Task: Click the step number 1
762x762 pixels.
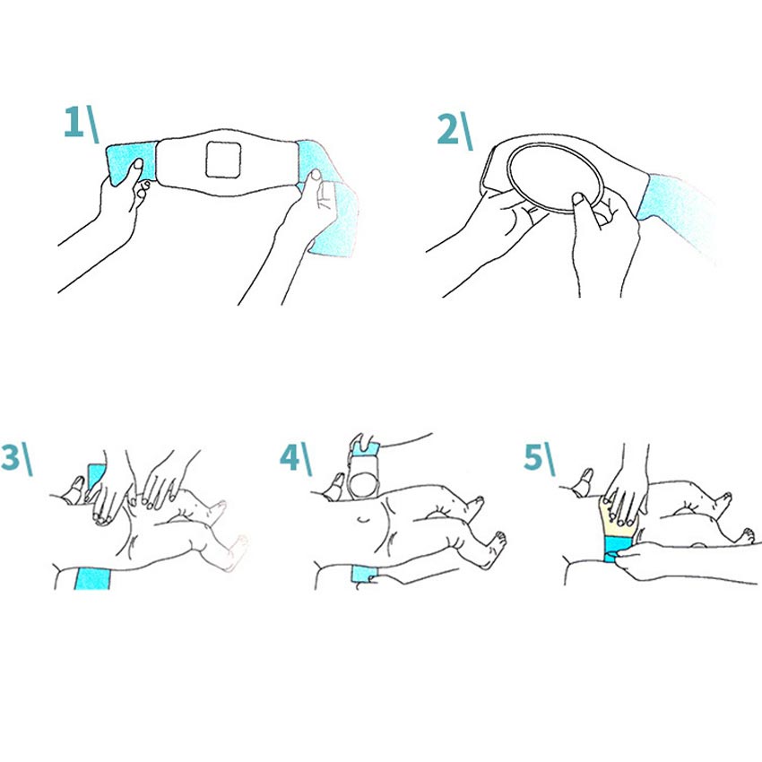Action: click(x=74, y=122)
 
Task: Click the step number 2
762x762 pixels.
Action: click(x=447, y=129)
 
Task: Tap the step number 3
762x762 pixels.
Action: click(x=10, y=457)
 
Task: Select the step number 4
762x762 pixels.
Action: click(x=290, y=457)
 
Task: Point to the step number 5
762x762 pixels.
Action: click(x=533, y=457)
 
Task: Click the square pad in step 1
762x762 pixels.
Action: click(x=223, y=160)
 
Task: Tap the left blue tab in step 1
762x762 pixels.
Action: click(x=130, y=164)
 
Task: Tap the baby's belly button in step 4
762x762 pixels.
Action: click(x=362, y=520)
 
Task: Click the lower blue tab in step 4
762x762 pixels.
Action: click(x=362, y=574)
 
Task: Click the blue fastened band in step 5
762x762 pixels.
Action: click(x=618, y=548)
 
